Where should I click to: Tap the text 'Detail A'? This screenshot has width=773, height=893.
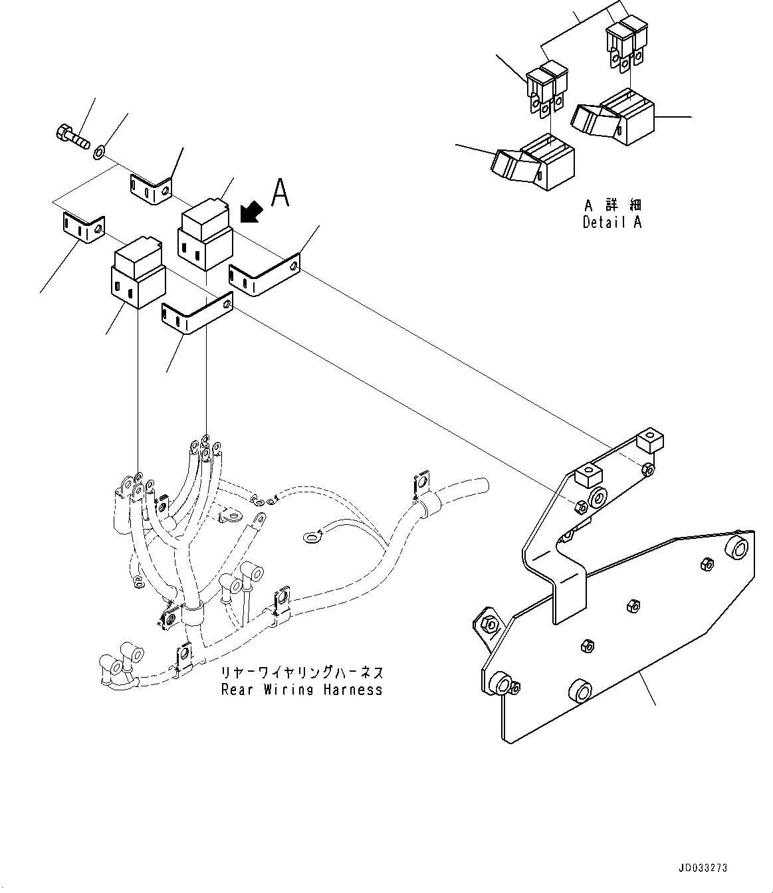[612, 223]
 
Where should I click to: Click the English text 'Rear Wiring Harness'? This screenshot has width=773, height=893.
[302, 690]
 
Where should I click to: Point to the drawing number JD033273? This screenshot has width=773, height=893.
[703, 868]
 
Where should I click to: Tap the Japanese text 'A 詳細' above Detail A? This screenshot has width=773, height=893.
[613, 205]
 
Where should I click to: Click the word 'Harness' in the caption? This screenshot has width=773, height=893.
[353, 690]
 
